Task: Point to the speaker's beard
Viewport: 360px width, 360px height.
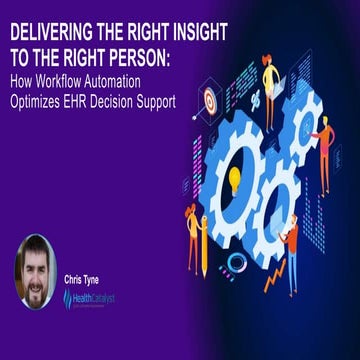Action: coord(36,289)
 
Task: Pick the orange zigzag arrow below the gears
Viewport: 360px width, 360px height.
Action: coord(274,275)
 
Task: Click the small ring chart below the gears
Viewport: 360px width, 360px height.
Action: coord(236,262)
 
